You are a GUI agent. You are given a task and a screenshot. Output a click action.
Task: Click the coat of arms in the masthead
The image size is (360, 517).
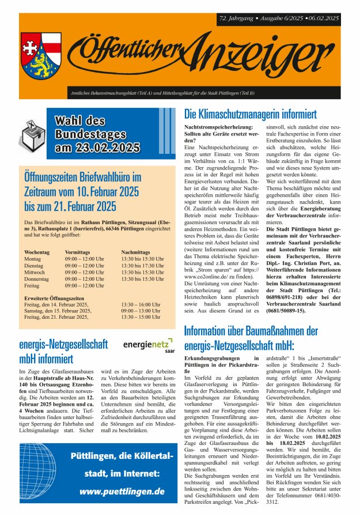(41, 51)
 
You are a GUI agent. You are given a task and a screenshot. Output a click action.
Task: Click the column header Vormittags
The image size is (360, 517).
(78, 252)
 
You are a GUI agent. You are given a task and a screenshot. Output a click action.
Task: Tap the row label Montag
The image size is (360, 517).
(33, 259)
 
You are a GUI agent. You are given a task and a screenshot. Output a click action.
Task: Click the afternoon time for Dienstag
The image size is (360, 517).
(142, 265)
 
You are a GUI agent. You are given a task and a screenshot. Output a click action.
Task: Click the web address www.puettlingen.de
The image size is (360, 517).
(122, 492)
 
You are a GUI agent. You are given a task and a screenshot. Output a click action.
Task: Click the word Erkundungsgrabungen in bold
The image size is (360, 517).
(211, 358)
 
